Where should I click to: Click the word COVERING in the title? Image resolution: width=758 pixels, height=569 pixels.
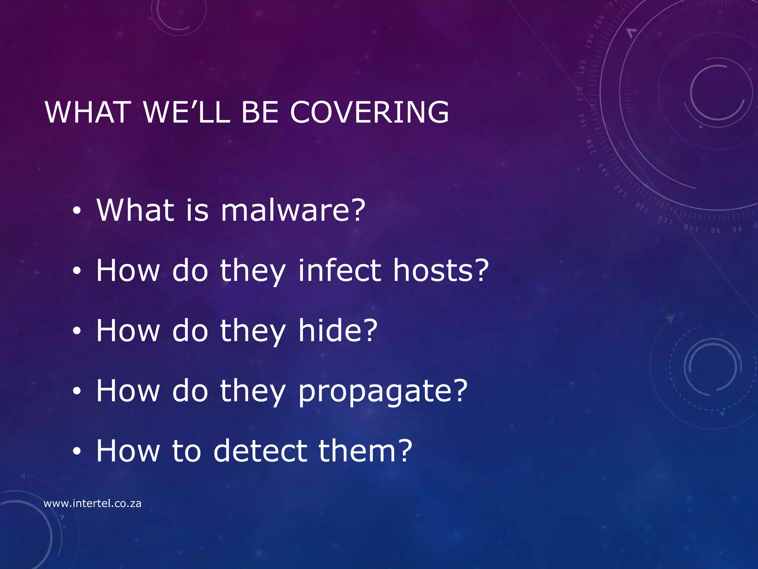[x=369, y=112]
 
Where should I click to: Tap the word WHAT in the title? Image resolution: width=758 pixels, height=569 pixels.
[x=87, y=112]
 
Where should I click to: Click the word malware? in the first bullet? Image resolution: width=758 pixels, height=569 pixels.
[x=293, y=210]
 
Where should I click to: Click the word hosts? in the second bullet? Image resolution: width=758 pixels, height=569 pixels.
[x=441, y=270]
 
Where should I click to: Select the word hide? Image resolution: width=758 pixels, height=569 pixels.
[x=338, y=330]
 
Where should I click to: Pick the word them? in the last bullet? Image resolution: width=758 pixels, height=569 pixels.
[x=365, y=451]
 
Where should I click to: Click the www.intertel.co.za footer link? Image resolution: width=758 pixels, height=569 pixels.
[x=93, y=503]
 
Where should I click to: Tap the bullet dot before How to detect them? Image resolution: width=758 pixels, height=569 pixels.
[x=77, y=452]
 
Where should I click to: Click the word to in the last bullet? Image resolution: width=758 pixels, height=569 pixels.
[x=187, y=451]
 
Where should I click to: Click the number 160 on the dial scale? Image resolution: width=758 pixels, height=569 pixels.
[x=583, y=121]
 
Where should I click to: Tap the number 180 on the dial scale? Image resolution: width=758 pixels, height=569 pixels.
[x=583, y=67]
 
